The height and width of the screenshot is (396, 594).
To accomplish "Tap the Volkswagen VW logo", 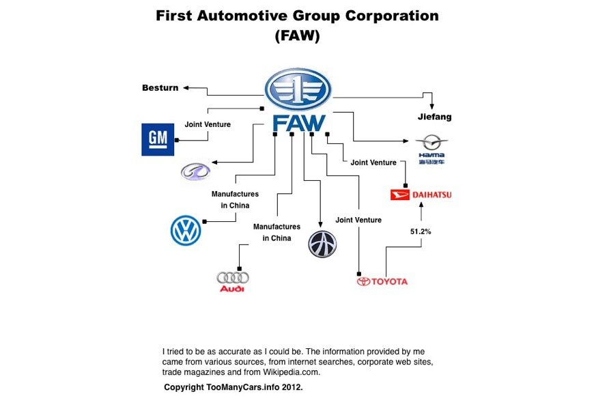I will (x=185, y=230).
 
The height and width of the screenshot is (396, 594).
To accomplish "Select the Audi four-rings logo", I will (x=232, y=281).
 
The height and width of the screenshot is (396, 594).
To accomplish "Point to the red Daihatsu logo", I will (x=421, y=195).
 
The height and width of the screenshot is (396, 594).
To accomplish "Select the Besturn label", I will (x=160, y=87).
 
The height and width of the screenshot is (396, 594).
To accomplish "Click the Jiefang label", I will (x=435, y=117).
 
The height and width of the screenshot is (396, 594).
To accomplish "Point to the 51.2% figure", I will (x=421, y=231).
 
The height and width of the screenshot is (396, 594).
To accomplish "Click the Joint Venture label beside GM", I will (x=208, y=124).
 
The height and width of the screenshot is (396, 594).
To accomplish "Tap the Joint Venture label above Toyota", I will (x=358, y=220).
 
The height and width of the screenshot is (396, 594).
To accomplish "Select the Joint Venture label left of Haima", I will (x=373, y=162).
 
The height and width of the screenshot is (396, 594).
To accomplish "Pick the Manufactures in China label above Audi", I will (x=277, y=232).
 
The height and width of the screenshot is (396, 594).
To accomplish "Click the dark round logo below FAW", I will (x=322, y=244).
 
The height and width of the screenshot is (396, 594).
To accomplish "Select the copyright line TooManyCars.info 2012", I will (x=233, y=386).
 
